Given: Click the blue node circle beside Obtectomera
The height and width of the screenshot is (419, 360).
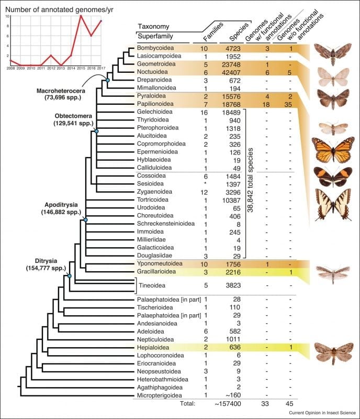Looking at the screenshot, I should coord(96,131).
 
